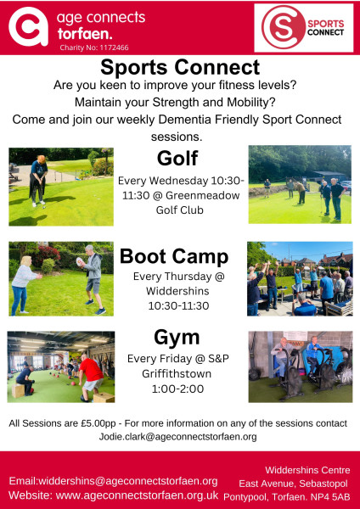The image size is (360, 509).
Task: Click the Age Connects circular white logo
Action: [29, 27]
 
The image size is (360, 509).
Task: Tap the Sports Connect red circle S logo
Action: [284, 27]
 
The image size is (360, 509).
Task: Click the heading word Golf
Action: [177, 159]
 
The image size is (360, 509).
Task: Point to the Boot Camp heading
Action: [174, 257]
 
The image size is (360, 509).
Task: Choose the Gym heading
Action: [177, 338]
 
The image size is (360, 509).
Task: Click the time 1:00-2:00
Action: [177, 389]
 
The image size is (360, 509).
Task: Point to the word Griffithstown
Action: [177, 373]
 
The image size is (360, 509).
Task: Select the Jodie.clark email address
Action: [177, 437]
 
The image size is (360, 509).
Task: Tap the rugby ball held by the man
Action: [80, 261]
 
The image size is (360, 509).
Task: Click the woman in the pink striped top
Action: [24, 286]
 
